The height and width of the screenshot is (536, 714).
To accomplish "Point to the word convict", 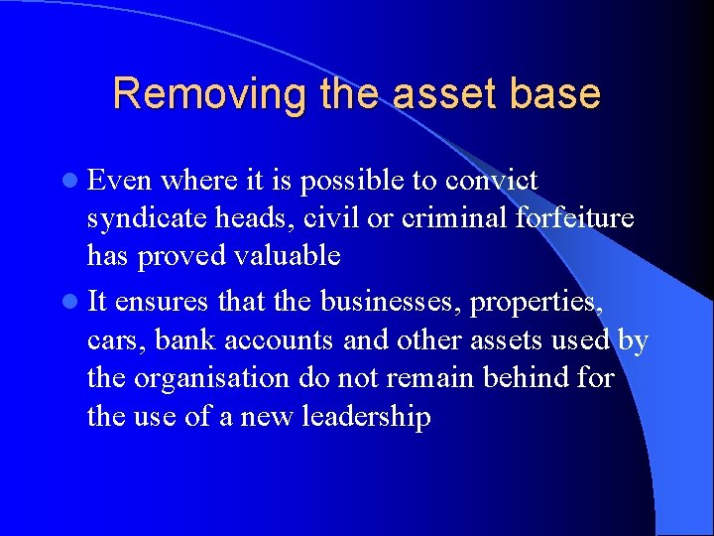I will pos(492,181).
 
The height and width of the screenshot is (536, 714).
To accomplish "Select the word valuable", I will pos(287,256).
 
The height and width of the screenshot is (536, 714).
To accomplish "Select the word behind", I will pos(526,378).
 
